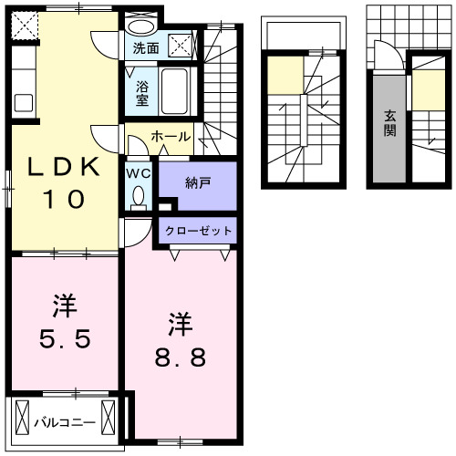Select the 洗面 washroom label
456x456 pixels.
[145, 47]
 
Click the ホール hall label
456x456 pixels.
[171, 137]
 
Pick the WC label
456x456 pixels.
[139, 171]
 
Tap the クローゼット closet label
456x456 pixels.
[198, 231]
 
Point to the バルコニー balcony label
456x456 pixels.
[64, 422]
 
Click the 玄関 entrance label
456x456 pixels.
[389, 123]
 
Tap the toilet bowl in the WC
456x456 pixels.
[139, 194]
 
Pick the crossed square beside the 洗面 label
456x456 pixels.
[181, 44]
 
